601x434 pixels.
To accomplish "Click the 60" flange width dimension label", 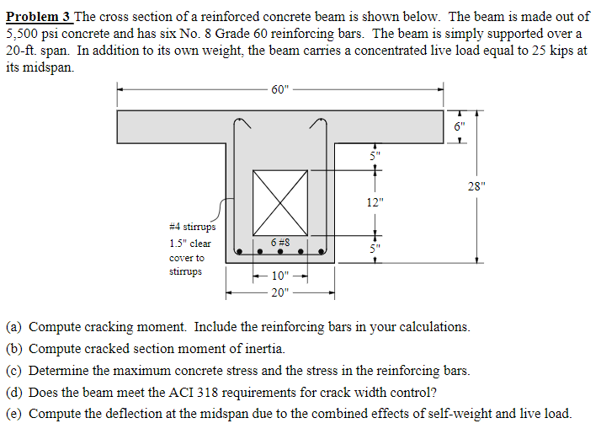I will (x=279, y=89).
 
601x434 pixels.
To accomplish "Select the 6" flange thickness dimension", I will (x=458, y=127).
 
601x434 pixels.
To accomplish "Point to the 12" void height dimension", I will (x=375, y=202).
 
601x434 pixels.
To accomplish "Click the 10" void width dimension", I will (x=279, y=276).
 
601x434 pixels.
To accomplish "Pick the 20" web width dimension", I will (x=279, y=292).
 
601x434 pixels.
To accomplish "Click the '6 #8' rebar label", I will (x=281, y=242).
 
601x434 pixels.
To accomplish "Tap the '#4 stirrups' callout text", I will (x=192, y=227).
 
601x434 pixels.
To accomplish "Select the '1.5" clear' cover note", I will (x=190, y=243).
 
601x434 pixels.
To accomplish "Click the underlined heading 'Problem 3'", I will (x=38, y=17).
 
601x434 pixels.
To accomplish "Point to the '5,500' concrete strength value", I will (x=22, y=34).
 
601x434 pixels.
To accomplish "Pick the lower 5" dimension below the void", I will (x=375, y=248).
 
